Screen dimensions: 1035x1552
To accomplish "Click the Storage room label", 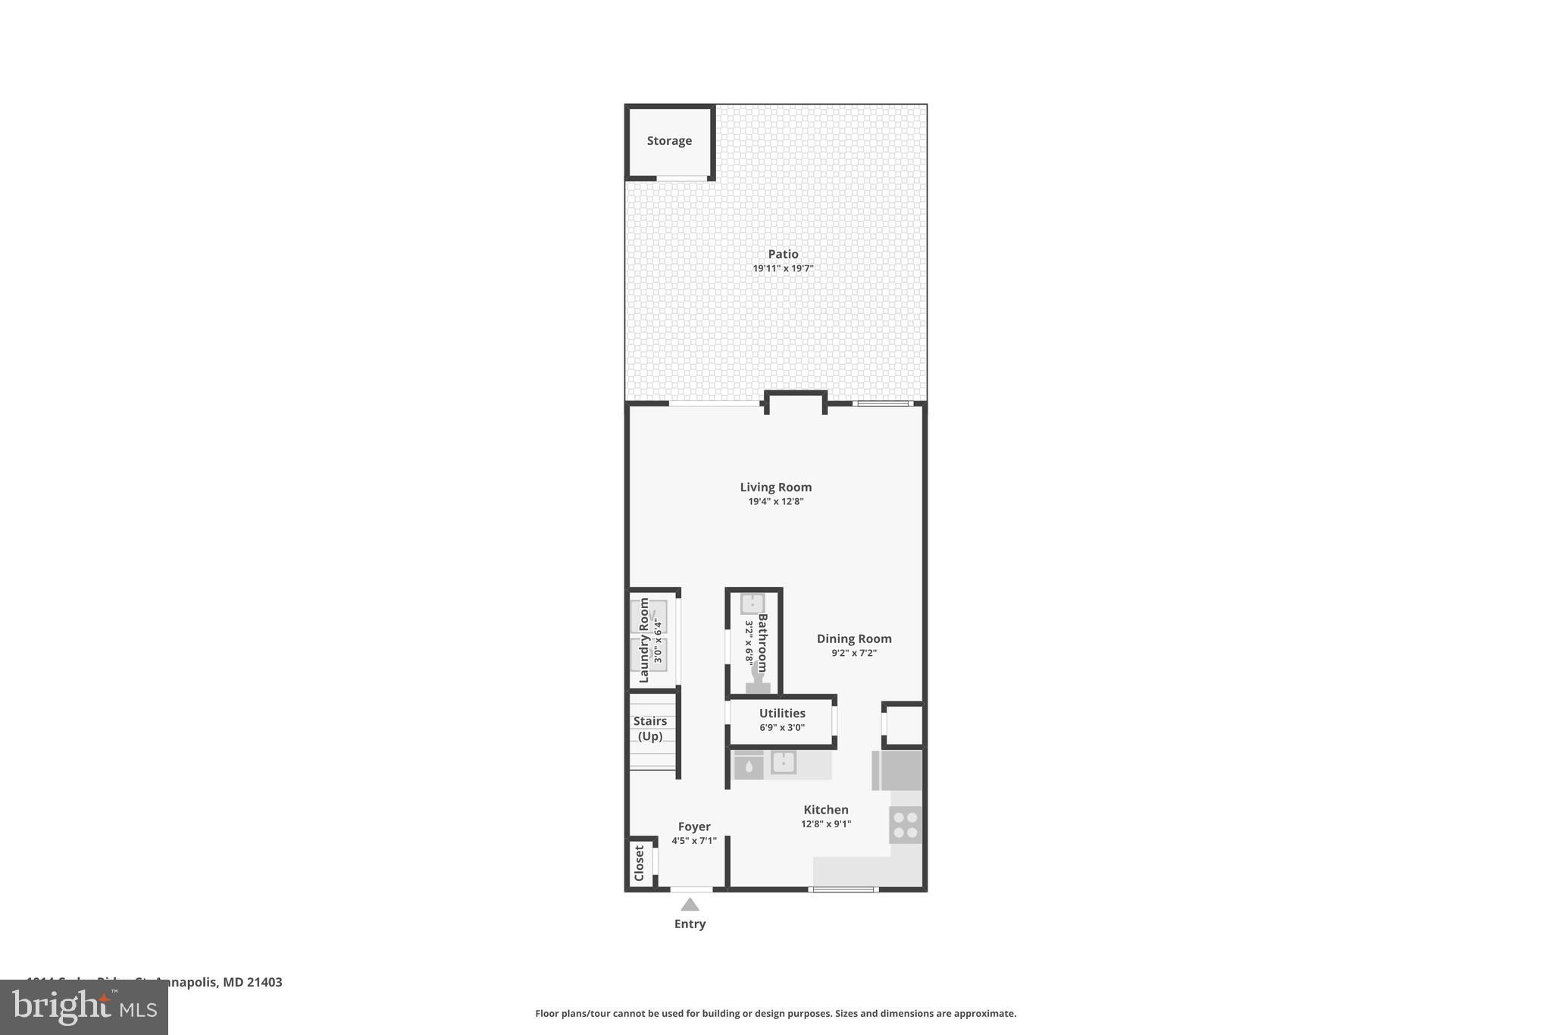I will click(669, 141).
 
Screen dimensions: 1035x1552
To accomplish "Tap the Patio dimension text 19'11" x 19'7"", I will click(783, 268).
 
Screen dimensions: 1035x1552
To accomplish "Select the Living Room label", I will click(775, 488).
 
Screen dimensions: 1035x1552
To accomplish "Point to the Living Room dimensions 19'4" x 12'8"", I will click(775, 502).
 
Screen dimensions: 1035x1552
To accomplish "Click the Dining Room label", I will click(854, 639).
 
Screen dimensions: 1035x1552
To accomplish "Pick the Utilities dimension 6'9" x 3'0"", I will click(782, 728).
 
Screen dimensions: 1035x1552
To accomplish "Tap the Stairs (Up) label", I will click(650, 729).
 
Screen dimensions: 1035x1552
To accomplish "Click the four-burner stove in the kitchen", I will click(906, 825).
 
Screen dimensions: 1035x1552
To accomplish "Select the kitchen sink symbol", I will click(784, 762).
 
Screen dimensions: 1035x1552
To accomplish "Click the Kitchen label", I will click(826, 810).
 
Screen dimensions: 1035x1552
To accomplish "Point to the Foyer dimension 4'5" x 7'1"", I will click(694, 841).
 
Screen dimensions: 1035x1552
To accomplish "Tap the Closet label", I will click(639, 863).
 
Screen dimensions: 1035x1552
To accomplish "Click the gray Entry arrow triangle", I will click(690, 905).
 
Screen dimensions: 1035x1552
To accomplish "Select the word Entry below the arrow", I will click(690, 924).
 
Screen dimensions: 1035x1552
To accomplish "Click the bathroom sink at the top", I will click(752, 604).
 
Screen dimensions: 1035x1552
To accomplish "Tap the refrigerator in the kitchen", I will click(899, 770).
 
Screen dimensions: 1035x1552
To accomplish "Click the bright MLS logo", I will click(84, 1008).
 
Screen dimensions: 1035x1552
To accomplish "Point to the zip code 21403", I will click(264, 983).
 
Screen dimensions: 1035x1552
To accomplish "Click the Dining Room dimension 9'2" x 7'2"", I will click(854, 654).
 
